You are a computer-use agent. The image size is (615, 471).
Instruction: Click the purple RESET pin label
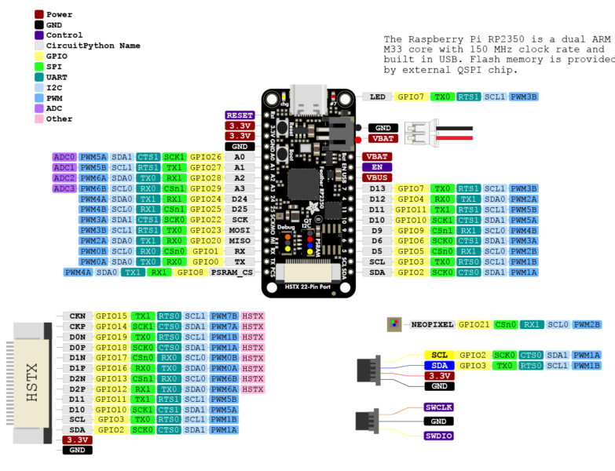point(240,115)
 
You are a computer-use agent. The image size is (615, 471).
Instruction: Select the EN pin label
point(377,167)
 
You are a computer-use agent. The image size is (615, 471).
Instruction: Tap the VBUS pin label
point(377,177)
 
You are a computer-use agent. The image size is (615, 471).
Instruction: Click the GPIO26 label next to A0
point(206,157)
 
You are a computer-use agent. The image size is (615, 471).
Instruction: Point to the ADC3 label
point(64,188)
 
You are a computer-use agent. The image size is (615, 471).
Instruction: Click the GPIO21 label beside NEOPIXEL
point(474,323)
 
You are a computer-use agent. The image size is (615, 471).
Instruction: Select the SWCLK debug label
point(440,407)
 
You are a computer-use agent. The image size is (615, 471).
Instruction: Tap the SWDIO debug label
point(440,435)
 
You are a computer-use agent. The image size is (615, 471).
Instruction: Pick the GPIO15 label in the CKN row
point(112,316)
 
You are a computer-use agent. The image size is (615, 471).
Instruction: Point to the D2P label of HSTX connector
point(77,389)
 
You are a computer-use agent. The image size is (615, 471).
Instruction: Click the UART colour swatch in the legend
point(39,78)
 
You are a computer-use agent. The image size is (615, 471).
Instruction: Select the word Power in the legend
point(59,14)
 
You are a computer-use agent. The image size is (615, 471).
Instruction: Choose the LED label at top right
point(378,97)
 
